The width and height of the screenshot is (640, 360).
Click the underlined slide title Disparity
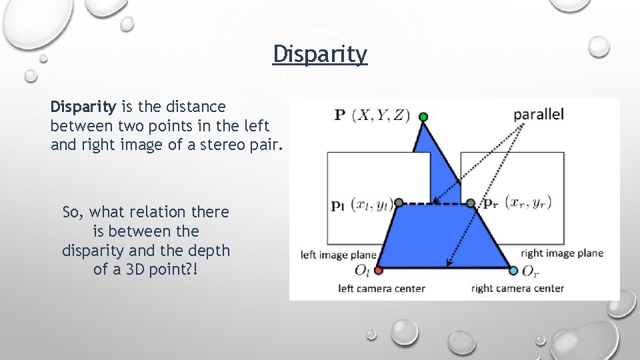pos(320,55)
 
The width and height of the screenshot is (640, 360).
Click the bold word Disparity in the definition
pos(83,107)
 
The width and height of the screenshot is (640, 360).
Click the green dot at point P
pos(423,117)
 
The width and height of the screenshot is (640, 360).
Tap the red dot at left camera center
pos(379,271)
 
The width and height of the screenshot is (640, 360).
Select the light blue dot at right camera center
pos(513,271)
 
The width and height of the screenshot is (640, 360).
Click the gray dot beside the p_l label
pos(399,202)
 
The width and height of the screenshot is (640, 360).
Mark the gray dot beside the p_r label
pos(471,202)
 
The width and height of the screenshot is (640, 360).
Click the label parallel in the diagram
pos(539,114)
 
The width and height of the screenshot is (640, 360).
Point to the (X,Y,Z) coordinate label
pos(383,115)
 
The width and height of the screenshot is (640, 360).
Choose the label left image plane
pos(339,255)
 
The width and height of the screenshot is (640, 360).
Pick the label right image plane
pos(561,253)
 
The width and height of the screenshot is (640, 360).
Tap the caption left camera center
pos(381,289)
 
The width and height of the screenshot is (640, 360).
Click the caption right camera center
pos(517,289)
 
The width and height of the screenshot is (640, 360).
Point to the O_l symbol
pos(362,271)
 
